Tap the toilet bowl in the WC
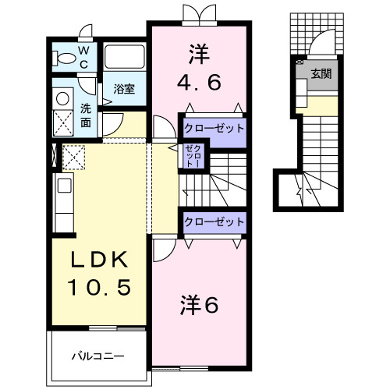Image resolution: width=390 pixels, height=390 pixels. click(x=64, y=57)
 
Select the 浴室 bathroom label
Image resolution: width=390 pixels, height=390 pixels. click(x=124, y=89)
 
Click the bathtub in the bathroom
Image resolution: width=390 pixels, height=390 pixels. click(x=124, y=57)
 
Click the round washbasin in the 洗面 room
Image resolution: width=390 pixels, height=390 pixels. click(x=62, y=99)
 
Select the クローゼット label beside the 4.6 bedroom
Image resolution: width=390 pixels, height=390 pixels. click(x=214, y=128)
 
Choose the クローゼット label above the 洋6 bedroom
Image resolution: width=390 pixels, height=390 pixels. click(x=214, y=222)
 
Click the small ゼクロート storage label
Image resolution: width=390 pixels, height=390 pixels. click(x=193, y=157)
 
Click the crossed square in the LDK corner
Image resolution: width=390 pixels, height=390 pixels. click(x=74, y=158)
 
